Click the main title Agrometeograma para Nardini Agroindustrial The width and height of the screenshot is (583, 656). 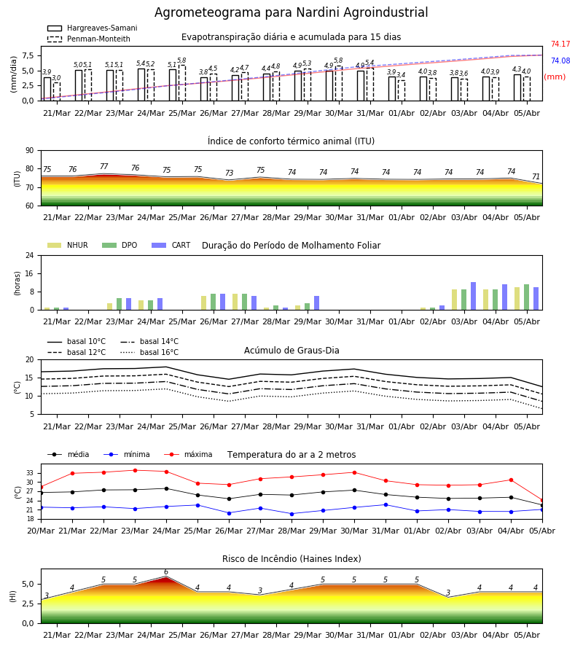click(x=291, y=12)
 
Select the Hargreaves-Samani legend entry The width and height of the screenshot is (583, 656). click(x=93, y=28)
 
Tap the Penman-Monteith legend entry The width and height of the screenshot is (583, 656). click(x=89, y=39)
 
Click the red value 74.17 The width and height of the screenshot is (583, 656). click(x=560, y=44)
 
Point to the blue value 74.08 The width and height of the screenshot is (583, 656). click(x=560, y=60)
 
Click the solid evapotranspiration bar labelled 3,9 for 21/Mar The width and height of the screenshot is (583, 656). click(x=47, y=89)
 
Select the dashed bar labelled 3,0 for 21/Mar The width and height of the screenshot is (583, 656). click(x=57, y=92)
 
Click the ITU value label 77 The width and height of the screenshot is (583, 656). click(x=104, y=166)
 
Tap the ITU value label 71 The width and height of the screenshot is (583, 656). click(x=536, y=176)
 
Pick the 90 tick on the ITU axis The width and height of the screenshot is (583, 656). click(x=30, y=151)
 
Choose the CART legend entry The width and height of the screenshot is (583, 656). click(x=171, y=245)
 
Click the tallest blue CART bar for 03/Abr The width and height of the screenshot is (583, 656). click(x=474, y=296)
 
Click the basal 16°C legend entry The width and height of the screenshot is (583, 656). click(x=149, y=352)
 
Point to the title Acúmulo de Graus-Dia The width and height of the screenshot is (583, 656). click(x=291, y=351)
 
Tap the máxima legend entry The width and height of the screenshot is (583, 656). click(x=189, y=454)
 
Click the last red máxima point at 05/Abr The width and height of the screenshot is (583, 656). click(x=542, y=500)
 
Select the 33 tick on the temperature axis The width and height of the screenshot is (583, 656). click(x=30, y=473)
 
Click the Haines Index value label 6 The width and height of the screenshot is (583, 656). click(x=166, y=572)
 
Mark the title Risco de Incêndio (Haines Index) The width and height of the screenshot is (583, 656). click(x=291, y=559)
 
